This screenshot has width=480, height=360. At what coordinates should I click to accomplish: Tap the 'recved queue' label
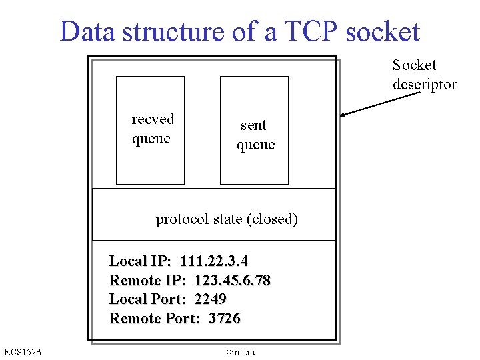(152, 129)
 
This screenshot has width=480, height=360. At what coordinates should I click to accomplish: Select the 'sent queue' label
(255, 135)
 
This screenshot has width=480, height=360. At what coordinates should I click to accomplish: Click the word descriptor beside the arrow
(424, 85)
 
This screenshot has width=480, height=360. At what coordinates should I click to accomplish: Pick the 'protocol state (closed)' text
(227, 219)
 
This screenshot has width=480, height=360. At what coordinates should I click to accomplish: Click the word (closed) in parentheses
(272, 219)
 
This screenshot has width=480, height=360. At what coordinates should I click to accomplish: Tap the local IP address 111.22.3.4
(213, 261)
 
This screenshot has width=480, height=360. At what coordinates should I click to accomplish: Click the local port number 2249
(210, 299)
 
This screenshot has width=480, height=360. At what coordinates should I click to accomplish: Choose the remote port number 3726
(224, 319)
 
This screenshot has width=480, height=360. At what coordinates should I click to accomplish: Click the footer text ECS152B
(22, 352)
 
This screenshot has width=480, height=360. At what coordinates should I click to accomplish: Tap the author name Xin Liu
(240, 352)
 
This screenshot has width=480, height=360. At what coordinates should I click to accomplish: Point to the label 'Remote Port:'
(154, 319)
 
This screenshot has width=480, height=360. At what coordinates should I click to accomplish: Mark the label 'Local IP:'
(140, 261)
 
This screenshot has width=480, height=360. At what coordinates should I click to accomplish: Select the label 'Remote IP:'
(147, 280)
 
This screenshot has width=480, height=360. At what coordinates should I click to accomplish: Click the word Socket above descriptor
(414, 65)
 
